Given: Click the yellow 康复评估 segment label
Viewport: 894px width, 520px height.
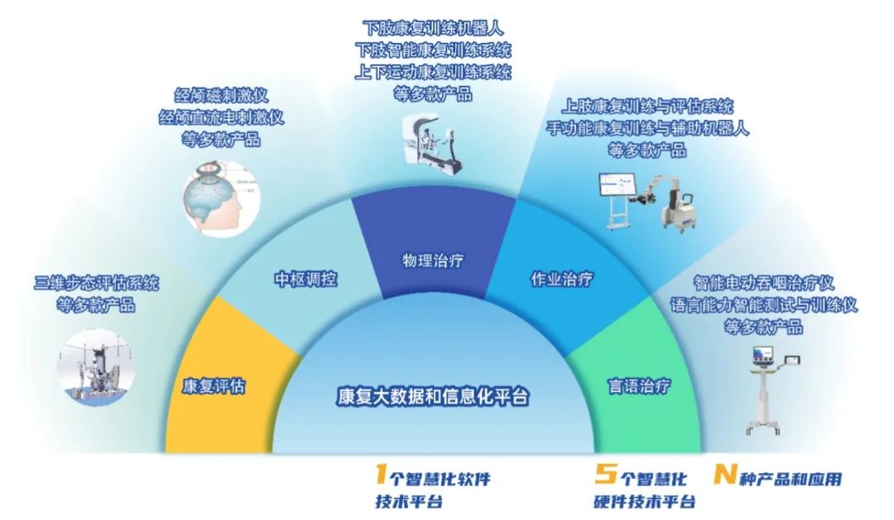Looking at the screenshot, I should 214,386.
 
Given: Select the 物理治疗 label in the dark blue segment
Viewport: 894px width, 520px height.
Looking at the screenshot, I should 432,261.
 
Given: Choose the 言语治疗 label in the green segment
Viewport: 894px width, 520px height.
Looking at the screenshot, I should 639,385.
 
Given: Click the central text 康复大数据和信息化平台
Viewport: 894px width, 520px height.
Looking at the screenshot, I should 433,396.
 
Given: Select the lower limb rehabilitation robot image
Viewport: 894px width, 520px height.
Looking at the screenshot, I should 432,146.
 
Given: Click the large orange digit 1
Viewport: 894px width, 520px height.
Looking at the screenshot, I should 380,475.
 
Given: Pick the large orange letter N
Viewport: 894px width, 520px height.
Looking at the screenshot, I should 725,475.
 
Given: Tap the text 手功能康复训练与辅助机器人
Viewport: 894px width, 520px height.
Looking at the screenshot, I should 647,129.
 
